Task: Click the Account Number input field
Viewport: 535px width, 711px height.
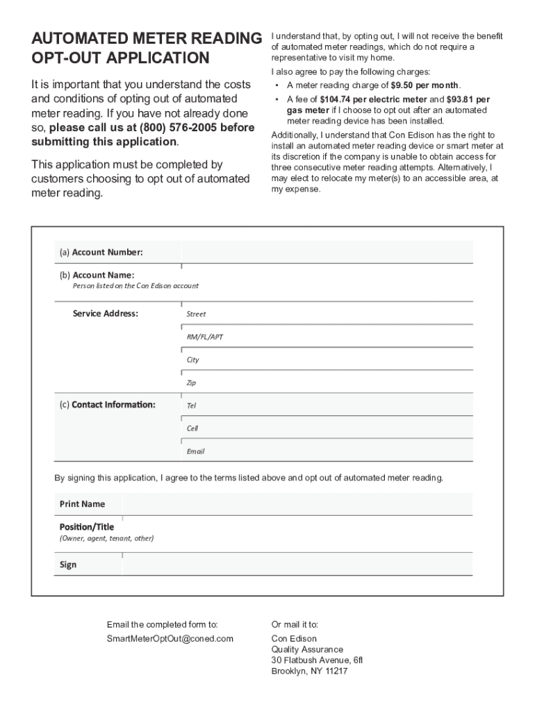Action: (327, 251)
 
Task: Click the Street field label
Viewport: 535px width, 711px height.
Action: (196, 314)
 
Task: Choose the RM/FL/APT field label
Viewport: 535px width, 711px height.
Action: (204, 337)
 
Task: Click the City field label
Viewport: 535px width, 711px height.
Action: (192, 360)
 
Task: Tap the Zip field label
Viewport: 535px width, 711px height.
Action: (191, 383)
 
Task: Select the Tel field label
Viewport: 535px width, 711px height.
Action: (191, 405)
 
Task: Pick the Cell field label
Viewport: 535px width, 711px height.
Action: (192, 428)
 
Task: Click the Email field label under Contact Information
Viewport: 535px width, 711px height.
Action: (195, 451)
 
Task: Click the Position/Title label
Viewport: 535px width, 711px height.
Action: (86, 527)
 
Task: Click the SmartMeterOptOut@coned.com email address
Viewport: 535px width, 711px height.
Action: (170, 638)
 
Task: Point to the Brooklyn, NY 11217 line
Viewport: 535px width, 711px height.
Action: (309, 671)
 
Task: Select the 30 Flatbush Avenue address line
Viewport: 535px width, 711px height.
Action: (317, 660)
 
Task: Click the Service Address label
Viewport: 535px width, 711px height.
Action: (105, 314)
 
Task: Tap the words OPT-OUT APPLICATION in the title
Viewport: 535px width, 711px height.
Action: (120, 58)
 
